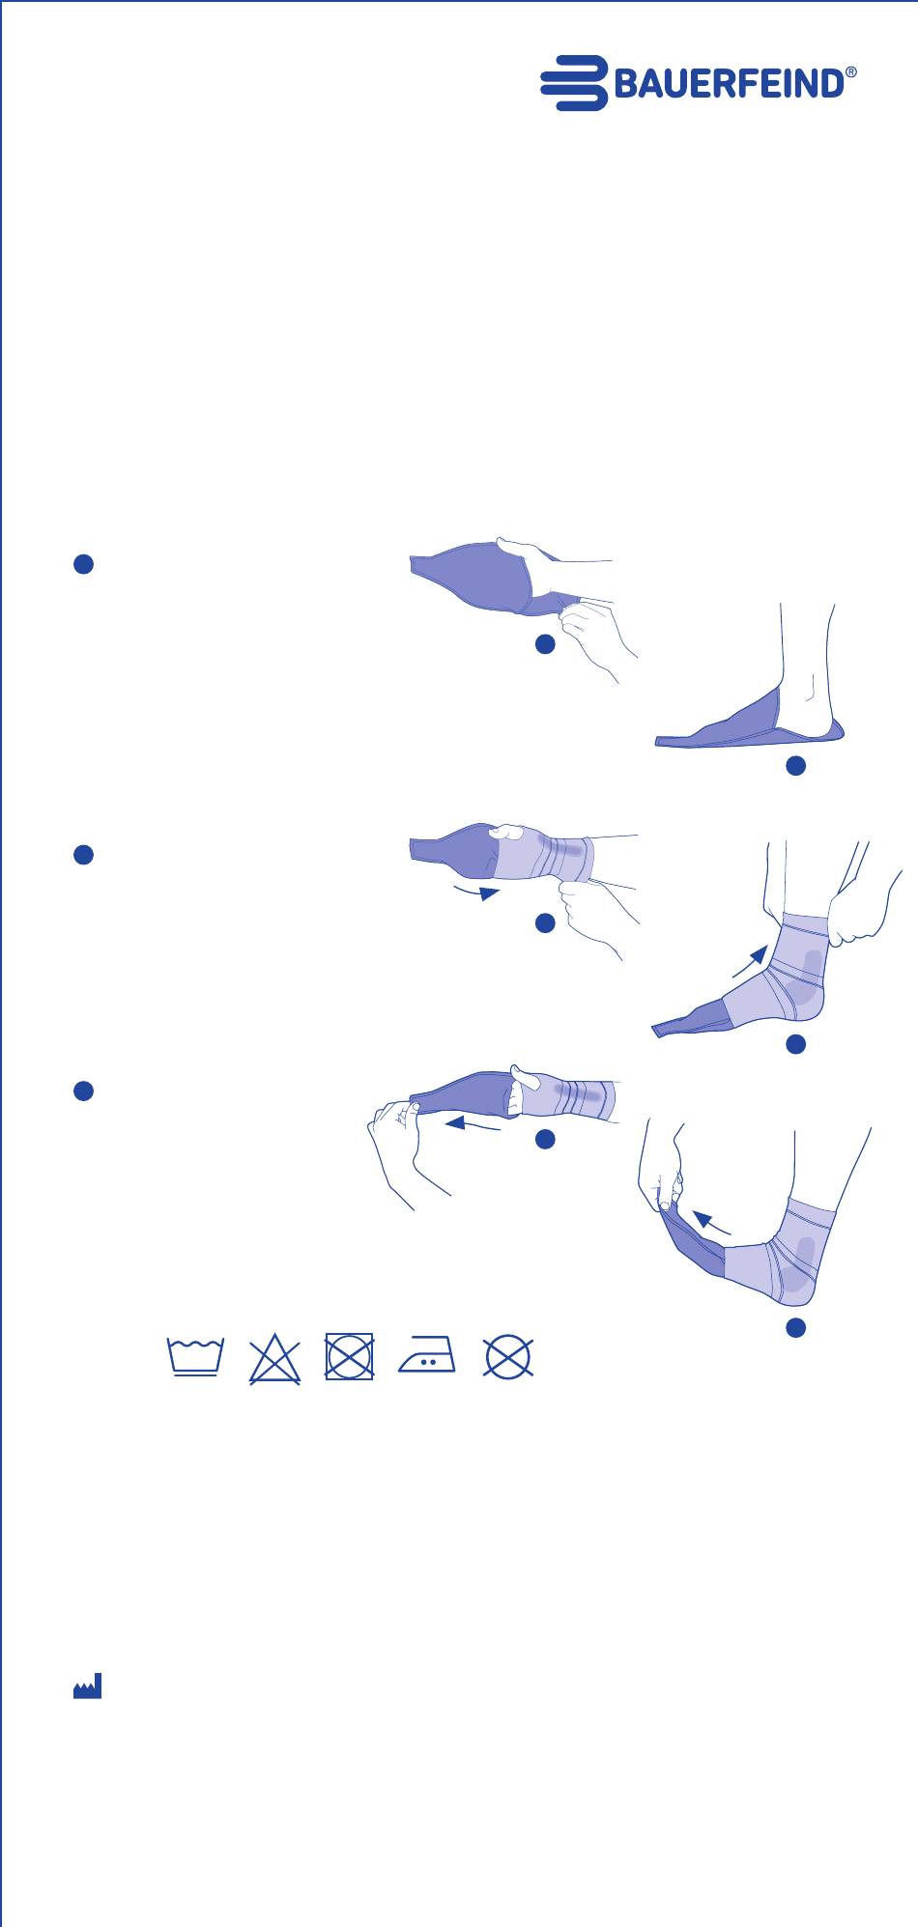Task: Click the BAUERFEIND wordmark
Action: [x=729, y=85]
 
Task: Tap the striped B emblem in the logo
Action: [x=574, y=83]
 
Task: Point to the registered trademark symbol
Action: [x=851, y=72]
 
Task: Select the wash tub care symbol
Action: [x=196, y=1357]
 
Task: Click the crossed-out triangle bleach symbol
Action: [x=275, y=1358]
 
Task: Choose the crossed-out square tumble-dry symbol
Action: [x=350, y=1357]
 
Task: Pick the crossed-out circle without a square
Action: [x=508, y=1357]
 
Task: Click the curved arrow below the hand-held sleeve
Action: [x=476, y=889]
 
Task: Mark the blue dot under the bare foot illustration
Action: [x=795, y=766]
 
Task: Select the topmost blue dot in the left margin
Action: [x=83, y=565]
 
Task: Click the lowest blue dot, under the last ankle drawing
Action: [x=795, y=1328]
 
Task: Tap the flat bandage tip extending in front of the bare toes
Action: [x=676, y=741]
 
